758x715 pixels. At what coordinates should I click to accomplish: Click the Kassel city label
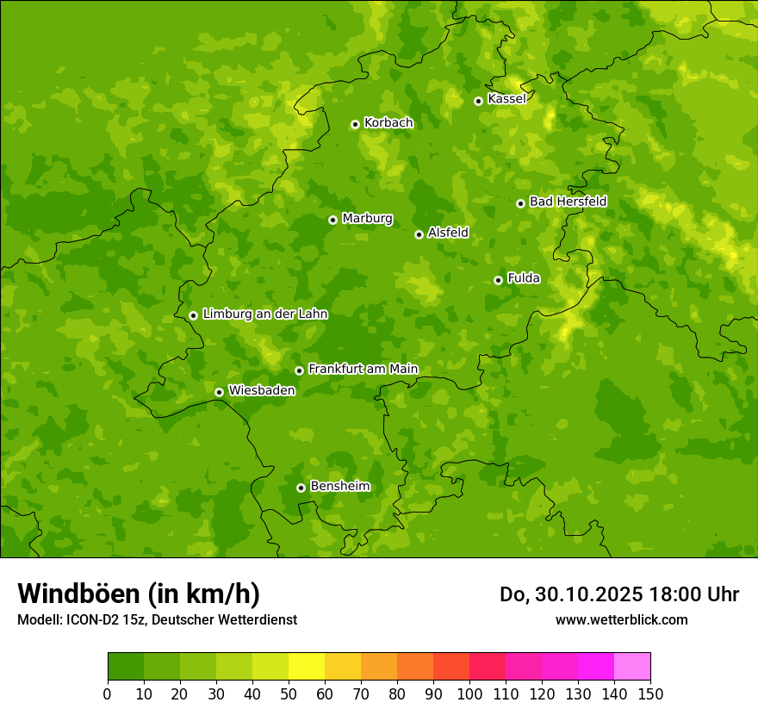pos(506,99)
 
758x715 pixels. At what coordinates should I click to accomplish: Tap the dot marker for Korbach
pos(355,124)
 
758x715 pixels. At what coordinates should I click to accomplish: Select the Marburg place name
pos(367,219)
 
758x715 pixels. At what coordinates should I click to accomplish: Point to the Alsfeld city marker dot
pos(419,234)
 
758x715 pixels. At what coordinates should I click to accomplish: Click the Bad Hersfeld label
pos(568,202)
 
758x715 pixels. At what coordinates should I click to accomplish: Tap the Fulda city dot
pos(498,280)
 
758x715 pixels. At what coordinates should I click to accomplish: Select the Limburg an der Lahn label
pos(264,314)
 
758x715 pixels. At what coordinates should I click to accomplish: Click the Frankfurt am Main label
pos(363,369)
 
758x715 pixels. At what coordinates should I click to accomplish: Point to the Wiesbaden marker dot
pos(219,392)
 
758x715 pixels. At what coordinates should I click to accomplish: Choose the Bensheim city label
pos(339,486)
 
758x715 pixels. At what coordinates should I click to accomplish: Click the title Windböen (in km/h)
pos(139,594)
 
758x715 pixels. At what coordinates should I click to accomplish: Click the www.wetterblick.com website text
pos(621,619)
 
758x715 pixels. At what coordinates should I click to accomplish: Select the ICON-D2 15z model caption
pos(157,619)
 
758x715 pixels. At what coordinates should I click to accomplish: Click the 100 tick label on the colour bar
pos(469,693)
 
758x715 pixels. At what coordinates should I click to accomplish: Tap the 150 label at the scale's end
pos(650,693)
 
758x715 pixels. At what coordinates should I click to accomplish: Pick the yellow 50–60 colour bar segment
pos(307,667)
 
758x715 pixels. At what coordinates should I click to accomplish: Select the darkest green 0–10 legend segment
pos(126,667)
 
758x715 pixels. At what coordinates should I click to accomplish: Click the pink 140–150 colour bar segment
pos(632,667)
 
